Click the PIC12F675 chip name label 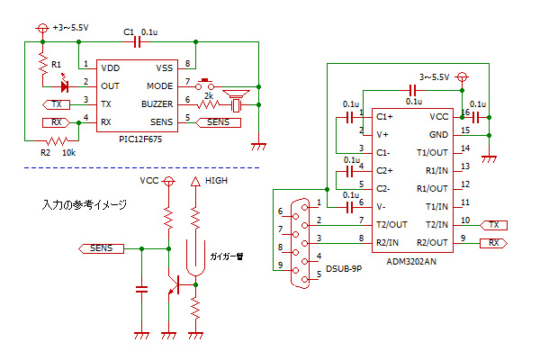pos(140,139)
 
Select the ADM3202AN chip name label pos(411,262)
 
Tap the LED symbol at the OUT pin pos(65,85)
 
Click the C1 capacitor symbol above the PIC pos(137,42)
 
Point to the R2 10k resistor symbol pos(58,140)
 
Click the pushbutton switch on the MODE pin pos(205,85)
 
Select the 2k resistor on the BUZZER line pos(208,104)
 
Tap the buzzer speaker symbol pos(236,101)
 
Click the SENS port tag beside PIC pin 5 pos(218,122)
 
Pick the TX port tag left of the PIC pos(56,104)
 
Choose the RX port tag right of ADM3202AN pos(493,243)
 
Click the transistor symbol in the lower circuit pos(175,285)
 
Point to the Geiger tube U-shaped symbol pos(195,257)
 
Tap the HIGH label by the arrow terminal pos(216,181)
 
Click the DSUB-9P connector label pos(344,269)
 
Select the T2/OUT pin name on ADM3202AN pos(391,225)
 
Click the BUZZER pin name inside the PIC pos(157,104)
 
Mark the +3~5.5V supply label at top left pos(70,28)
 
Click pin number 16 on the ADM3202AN pos(465,112)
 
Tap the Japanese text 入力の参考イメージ pos(85,204)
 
